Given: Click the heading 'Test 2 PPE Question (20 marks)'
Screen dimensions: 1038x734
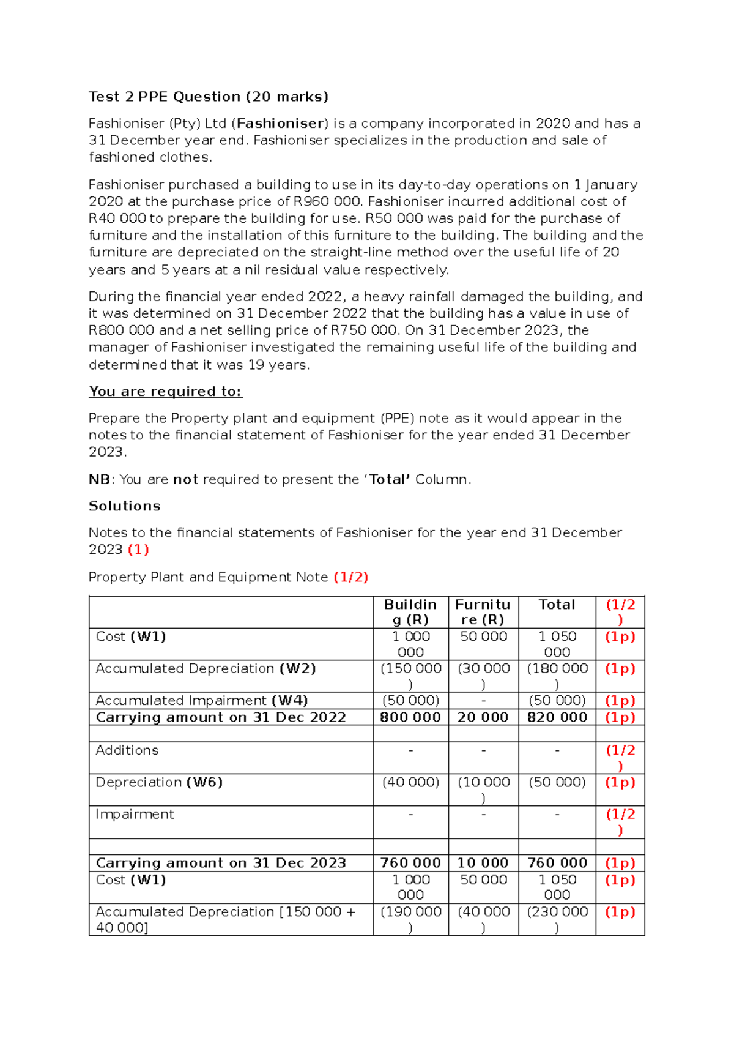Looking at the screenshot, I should coord(208,97).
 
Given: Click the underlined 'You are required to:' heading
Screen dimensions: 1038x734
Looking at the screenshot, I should coord(165,392).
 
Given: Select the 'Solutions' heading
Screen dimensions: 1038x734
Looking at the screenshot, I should coord(124,506).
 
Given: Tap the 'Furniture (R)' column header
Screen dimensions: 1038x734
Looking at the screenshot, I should coord(483,612).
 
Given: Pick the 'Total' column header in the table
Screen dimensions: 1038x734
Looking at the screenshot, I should coord(557,605).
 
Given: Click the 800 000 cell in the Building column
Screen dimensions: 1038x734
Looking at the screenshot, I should coord(410,717).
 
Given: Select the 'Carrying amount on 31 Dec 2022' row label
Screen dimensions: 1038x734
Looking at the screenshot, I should coord(221,717).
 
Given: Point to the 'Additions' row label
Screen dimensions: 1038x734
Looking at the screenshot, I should coord(127,750).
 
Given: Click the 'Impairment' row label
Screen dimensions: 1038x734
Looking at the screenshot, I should coord(135,815).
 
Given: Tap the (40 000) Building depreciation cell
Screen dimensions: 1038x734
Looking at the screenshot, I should coord(410,782).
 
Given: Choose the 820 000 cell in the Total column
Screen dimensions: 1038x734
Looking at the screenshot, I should coord(557,717).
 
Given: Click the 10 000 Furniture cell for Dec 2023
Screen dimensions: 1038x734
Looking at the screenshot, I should coord(483,863).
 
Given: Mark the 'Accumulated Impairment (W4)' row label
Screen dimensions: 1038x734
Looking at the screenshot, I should coord(201,701).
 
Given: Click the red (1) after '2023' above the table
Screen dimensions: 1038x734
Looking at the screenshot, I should coord(138,550).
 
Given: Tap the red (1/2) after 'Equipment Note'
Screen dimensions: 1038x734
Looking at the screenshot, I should coord(350,577).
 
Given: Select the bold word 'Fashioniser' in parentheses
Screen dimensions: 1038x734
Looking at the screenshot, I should coord(280,124).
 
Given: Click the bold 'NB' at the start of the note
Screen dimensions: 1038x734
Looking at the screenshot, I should coord(99,480).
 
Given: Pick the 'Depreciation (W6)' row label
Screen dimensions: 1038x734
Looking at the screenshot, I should coord(158,782).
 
